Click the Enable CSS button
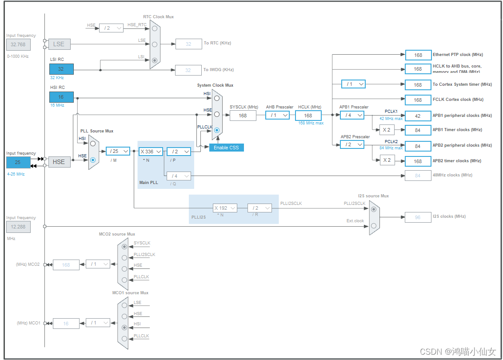(x=227, y=148)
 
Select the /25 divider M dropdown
(x=118, y=151)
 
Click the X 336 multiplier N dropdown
(x=151, y=152)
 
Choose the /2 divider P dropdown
(x=179, y=152)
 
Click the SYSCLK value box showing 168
(x=243, y=116)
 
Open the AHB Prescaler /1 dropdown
(x=277, y=116)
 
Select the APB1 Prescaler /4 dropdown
(x=352, y=116)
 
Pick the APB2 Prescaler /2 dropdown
(x=352, y=144)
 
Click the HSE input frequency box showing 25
(x=18, y=162)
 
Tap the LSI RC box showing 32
(x=61, y=69)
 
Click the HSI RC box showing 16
(x=61, y=97)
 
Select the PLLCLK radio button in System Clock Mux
(x=217, y=130)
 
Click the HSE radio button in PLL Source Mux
(x=93, y=160)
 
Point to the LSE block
(x=59, y=44)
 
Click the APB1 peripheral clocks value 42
(x=418, y=116)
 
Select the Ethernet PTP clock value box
(x=418, y=55)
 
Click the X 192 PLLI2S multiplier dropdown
(x=224, y=208)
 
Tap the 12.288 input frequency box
(x=18, y=227)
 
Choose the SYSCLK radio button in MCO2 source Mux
(x=124, y=246)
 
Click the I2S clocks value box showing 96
(x=418, y=217)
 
